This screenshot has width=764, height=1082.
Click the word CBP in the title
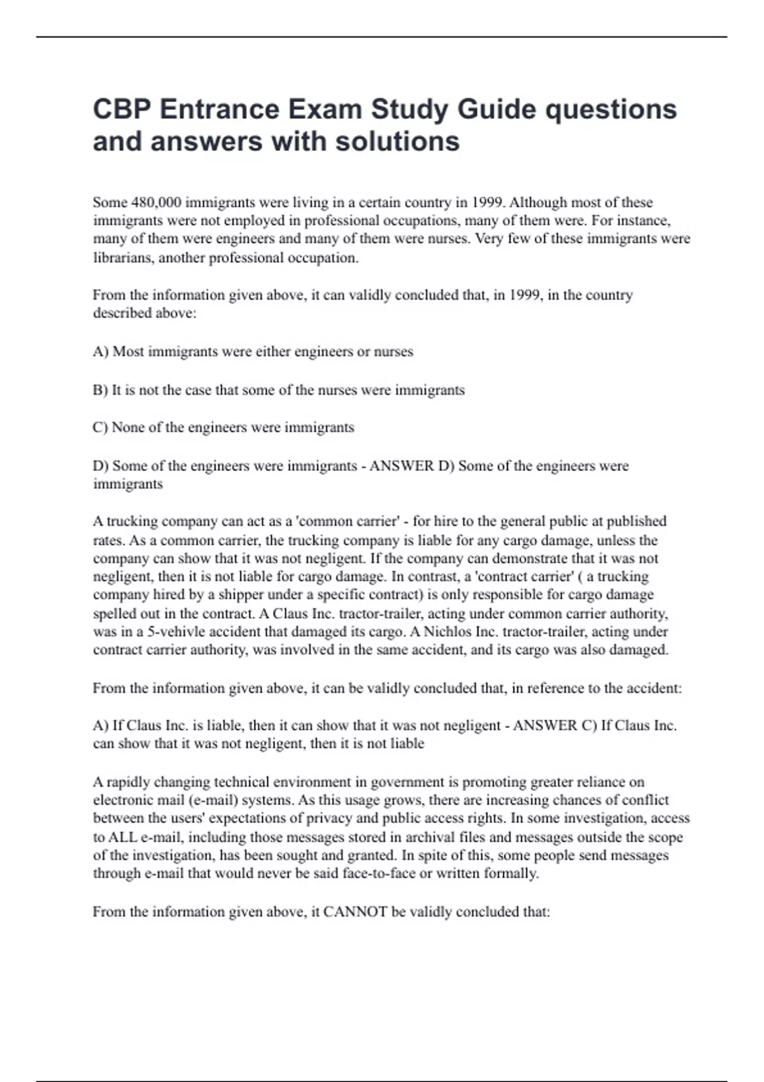(x=122, y=109)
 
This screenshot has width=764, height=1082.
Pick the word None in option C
(x=128, y=427)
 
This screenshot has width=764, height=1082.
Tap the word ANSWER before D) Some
(x=402, y=466)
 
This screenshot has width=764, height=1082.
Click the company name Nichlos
(x=447, y=632)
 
